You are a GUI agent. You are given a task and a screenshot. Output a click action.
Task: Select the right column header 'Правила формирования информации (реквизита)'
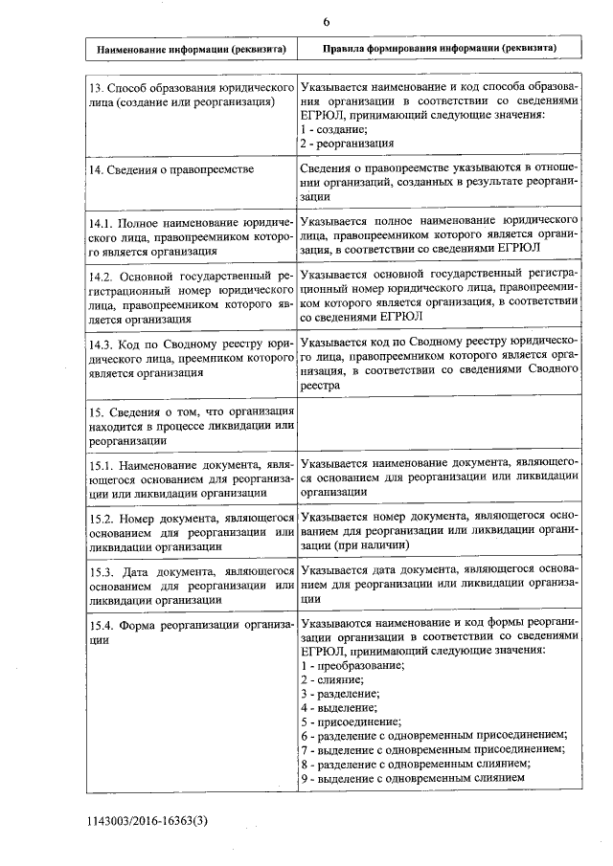coord(439,48)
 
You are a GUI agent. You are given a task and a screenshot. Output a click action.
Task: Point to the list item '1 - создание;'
coord(331,129)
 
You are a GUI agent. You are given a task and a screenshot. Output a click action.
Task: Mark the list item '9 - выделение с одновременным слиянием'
coord(412,779)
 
